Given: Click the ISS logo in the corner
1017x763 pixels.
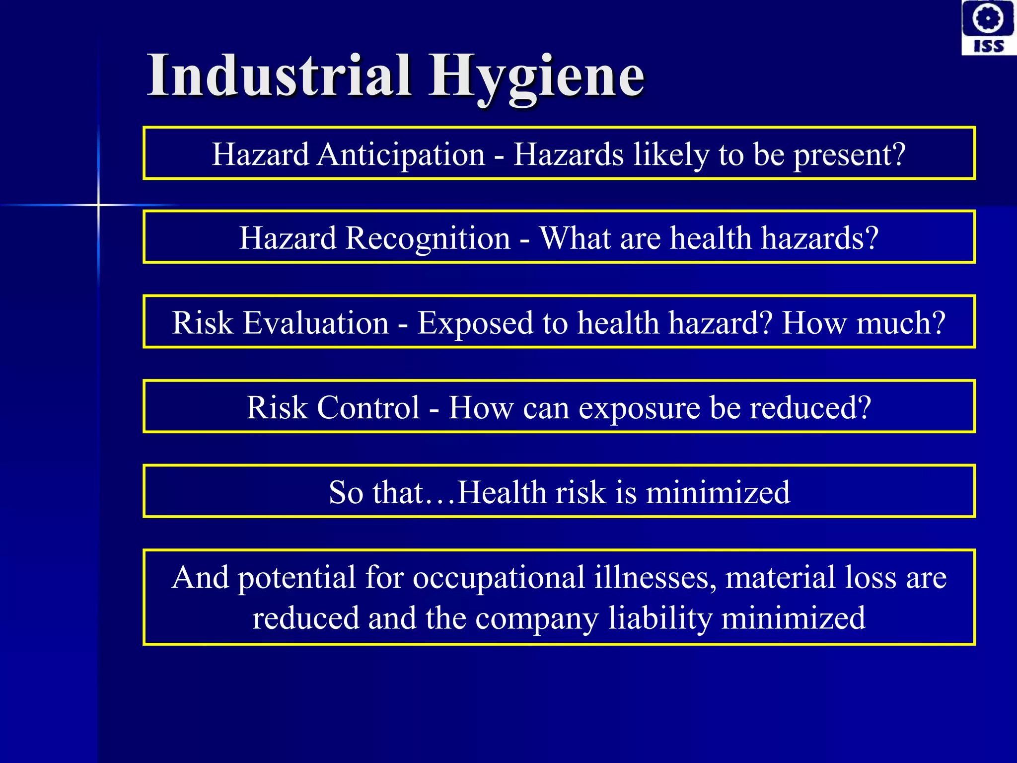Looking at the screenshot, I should click(x=988, y=27).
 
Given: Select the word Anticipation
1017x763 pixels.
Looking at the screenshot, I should click(x=401, y=154).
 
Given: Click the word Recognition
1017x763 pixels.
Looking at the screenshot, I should click(x=428, y=238).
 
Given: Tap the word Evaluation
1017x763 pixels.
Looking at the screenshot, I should click(x=315, y=323).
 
